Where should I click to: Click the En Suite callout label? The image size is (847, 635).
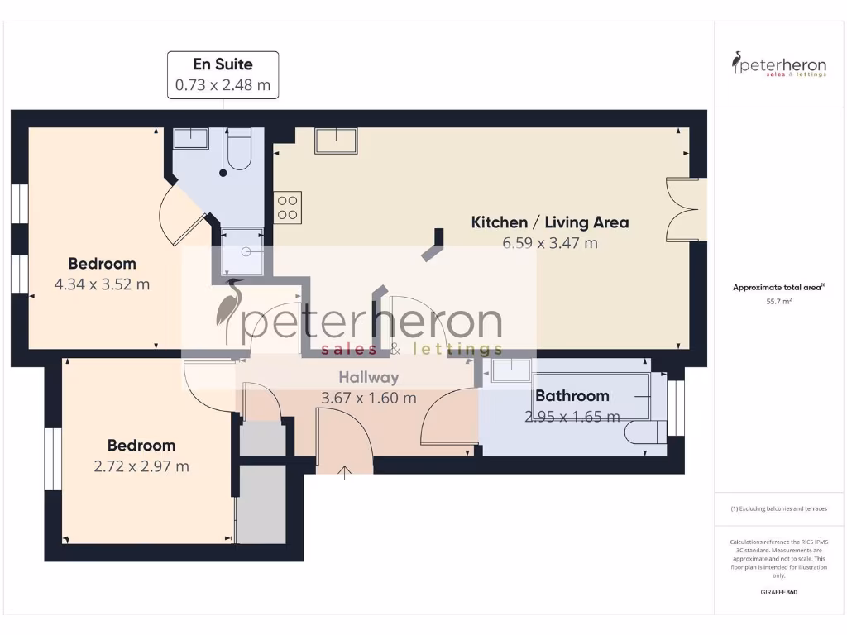(223, 64)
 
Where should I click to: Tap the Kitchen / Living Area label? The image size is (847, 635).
(549, 222)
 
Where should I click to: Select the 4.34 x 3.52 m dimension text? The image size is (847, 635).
(102, 285)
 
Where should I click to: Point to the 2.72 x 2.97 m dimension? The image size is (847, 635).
(141, 466)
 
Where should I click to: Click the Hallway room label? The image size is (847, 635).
(368, 377)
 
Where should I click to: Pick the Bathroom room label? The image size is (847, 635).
(572, 396)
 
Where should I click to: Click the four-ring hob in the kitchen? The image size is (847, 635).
(288, 207)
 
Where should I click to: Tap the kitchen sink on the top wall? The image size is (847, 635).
(336, 141)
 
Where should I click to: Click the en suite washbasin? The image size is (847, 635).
(191, 138)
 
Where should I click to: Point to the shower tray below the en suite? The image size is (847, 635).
(243, 251)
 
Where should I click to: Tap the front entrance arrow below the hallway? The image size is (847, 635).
(345, 472)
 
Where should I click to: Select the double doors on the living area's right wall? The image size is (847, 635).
(687, 210)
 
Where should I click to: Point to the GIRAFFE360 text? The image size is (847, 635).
(778, 592)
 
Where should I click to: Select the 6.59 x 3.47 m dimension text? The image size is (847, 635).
(549, 243)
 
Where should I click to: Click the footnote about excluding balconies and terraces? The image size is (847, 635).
(778, 509)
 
